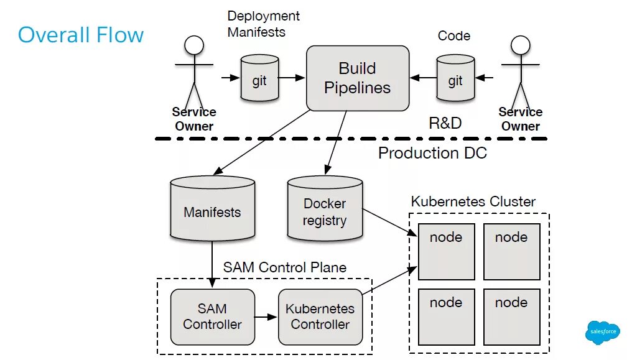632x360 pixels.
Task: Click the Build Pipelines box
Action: click(357, 78)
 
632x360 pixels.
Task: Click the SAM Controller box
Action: click(212, 316)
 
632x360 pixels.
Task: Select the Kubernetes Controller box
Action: click(320, 316)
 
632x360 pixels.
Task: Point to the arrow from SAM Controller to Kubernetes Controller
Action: click(266, 317)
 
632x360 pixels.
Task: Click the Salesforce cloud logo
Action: click(602, 331)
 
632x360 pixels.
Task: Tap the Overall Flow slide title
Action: click(81, 35)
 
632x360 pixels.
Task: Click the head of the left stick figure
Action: click(194, 45)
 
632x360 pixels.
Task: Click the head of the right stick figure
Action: click(520, 45)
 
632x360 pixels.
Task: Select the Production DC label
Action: click(432, 153)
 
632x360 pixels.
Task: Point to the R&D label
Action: click(445, 122)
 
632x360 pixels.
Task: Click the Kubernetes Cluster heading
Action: click(473, 202)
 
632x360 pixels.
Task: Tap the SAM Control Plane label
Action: click(285, 267)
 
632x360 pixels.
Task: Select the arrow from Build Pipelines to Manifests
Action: click(261, 142)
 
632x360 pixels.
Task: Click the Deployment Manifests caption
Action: click(263, 24)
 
